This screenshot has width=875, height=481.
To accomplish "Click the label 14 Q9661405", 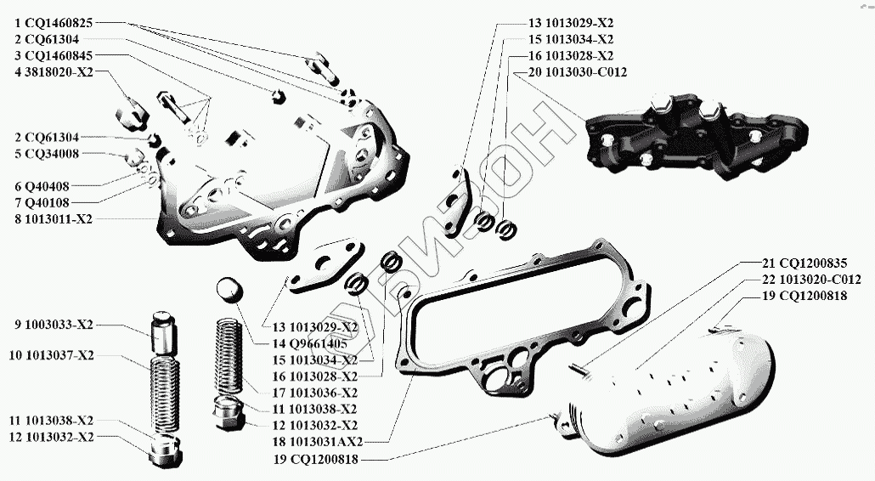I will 309,343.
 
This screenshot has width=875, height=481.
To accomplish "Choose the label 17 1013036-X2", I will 313,393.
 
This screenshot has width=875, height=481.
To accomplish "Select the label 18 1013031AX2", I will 319,442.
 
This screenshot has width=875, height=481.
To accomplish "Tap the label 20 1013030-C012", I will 577,72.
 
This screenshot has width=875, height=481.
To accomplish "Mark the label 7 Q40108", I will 48,202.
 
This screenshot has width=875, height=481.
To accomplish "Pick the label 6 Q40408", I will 48,186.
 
